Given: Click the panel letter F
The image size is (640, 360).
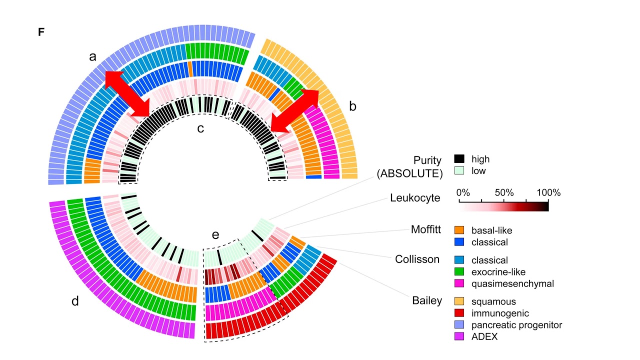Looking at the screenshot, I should click(x=41, y=32).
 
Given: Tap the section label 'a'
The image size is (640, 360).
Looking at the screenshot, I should click(x=92, y=57).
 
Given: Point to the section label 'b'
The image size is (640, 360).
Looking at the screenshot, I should click(x=352, y=106).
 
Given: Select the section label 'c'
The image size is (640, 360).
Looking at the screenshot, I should click(x=200, y=128).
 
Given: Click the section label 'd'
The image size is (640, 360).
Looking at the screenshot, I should click(x=75, y=301).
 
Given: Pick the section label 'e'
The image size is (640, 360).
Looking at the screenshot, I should click(x=215, y=235).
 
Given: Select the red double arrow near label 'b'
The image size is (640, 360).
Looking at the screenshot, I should click(x=294, y=111).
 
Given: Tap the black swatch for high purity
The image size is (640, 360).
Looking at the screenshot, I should click(x=459, y=159).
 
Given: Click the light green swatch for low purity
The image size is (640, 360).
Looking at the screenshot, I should click(x=459, y=171).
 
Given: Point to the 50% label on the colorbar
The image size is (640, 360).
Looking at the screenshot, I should click(x=504, y=193).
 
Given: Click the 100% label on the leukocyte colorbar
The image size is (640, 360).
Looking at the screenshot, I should click(x=548, y=193).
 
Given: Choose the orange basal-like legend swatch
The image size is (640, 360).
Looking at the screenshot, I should click(x=459, y=230).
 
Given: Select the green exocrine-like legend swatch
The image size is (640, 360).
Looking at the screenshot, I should click(x=459, y=272).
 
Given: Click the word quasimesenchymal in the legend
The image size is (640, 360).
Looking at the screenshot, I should click(x=512, y=283).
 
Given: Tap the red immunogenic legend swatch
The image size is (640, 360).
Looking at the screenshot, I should click(x=459, y=313).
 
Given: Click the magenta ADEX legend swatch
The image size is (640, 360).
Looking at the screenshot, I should click(x=459, y=336).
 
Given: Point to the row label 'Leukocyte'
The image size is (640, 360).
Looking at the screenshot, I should click(x=415, y=198).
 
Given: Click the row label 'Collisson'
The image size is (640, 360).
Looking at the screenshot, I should click(x=417, y=259).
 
